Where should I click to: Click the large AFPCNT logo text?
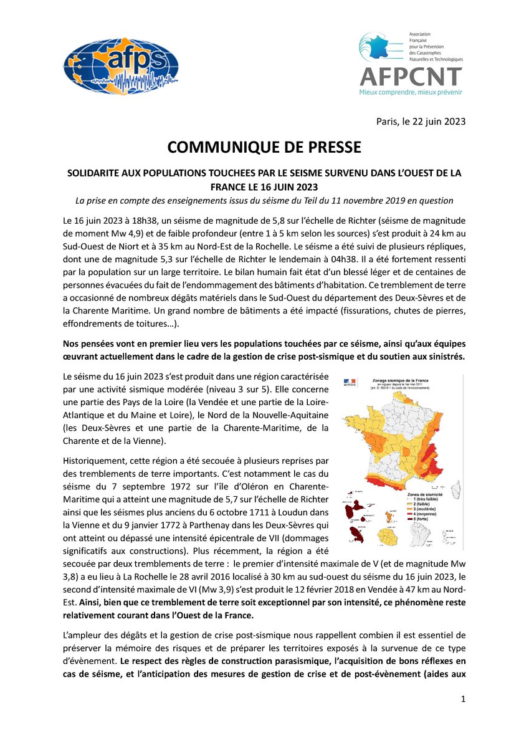point(411,76)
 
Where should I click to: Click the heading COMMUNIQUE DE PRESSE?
point(264,148)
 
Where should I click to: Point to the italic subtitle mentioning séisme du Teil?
point(264,199)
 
